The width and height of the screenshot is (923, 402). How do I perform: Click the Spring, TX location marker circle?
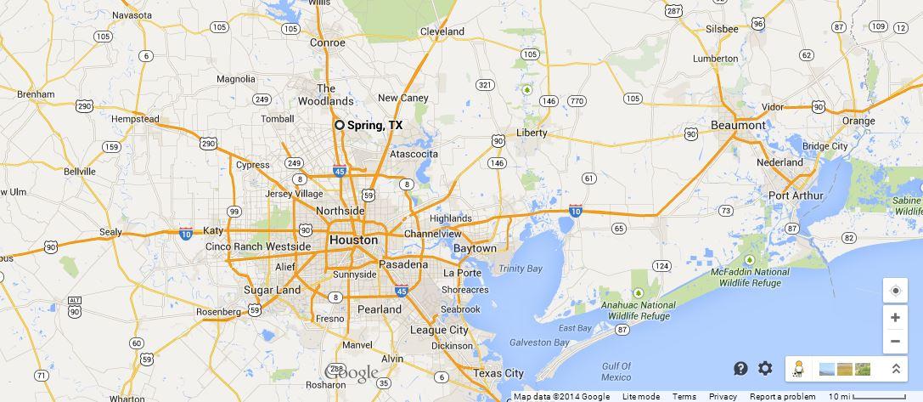click(340, 125)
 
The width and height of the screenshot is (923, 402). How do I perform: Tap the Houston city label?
click(353, 241)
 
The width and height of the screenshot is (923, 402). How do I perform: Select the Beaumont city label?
click(738, 125)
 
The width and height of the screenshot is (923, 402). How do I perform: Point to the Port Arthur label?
click(796, 195)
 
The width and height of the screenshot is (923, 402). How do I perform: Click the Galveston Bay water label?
click(539, 343)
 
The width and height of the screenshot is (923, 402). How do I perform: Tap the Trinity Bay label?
click(521, 269)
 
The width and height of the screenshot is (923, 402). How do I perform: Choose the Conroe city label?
click(328, 42)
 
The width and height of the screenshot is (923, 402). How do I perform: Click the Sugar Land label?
click(273, 290)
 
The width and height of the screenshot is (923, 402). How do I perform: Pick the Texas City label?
click(498, 373)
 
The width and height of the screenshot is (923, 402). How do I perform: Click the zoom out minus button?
click(895, 343)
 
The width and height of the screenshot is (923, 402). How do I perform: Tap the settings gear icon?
click(765, 368)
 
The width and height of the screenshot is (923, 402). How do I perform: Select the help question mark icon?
click(740, 368)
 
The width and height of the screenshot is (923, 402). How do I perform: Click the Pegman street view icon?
click(798, 368)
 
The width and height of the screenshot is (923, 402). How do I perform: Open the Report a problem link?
click(782, 397)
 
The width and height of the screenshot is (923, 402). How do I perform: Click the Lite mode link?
click(641, 397)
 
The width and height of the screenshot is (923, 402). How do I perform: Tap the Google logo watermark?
click(352, 373)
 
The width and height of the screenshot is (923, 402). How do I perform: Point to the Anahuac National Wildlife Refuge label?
click(639, 310)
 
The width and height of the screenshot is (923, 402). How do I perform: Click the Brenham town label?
click(36, 94)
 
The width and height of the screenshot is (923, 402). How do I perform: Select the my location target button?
click(895, 291)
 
